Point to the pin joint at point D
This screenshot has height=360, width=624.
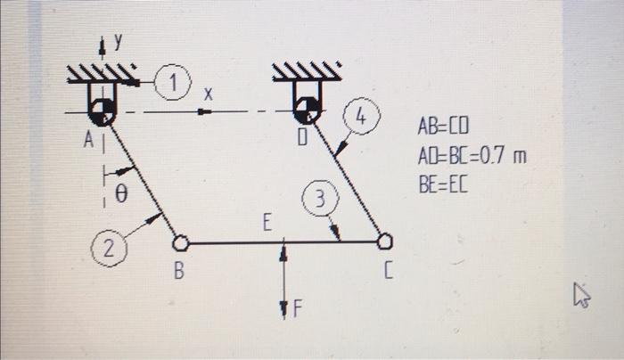(x=307, y=110)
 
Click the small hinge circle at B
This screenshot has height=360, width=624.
(x=180, y=241)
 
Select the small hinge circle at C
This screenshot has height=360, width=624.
(x=385, y=241)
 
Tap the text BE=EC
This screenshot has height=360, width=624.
(x=443, y=184)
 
